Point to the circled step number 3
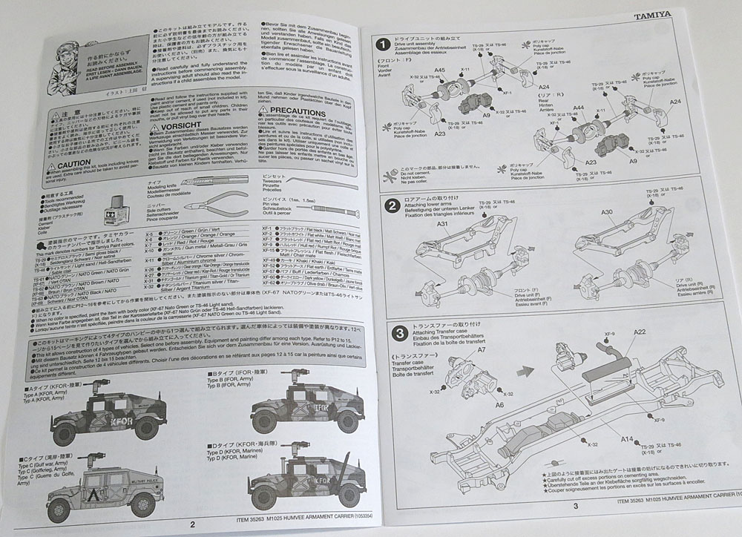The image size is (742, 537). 398,333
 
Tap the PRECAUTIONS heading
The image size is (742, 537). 294,111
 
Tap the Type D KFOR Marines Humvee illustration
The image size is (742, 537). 305,482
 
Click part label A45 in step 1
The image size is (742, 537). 440,71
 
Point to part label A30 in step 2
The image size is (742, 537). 606,212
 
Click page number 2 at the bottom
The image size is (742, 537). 192,524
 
